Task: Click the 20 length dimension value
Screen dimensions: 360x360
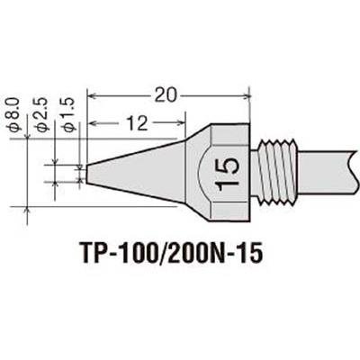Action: tap(165, 96)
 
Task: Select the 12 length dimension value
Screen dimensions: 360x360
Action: tap(137, 123)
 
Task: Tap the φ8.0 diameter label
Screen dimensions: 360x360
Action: tap(15, 114)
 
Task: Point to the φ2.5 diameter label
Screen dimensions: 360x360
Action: tap(41, 114)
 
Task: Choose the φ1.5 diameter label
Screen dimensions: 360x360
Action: tap(67, 114)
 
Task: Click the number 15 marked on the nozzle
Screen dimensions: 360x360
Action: tap(227, 174)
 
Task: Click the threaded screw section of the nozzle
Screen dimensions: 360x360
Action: tap(278, 173)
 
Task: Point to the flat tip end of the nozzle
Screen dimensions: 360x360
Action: tap(87, 174)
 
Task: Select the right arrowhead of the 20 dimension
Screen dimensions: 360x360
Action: tap(247, 96)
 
